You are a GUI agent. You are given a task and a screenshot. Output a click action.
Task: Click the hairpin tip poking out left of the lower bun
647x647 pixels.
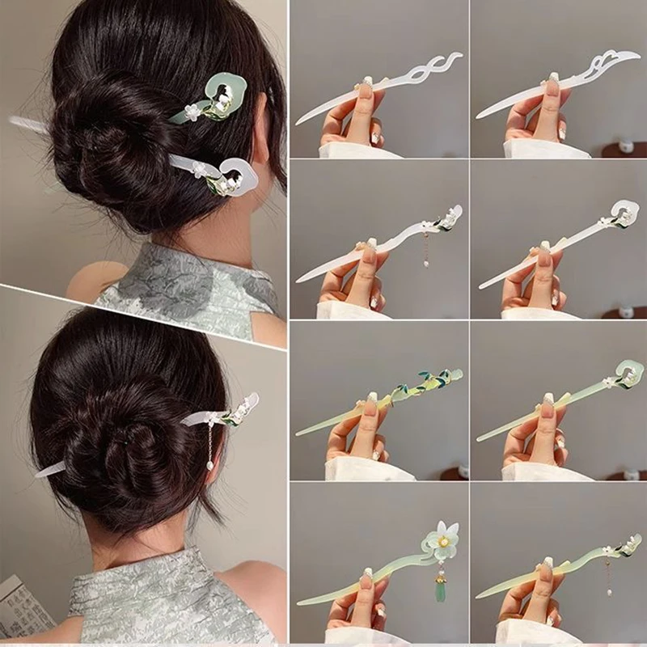pyautogui.click(x=49, y=470)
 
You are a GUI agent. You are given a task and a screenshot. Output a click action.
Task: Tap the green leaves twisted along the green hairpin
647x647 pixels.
pyautogui.click(x=429, y=384)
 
